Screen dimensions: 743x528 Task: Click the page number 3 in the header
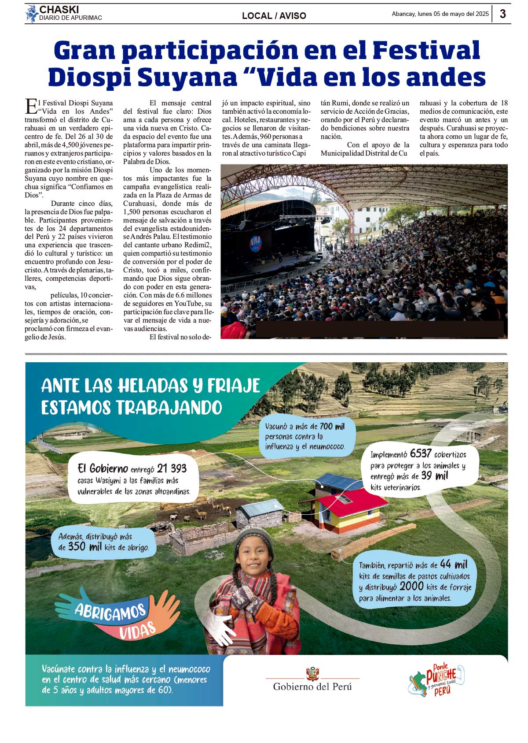click(502, 14)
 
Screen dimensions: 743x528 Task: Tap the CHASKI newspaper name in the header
click(59, 10)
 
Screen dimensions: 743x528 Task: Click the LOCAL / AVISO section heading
click(274, 16)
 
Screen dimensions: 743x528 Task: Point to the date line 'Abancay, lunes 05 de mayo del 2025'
click(440, 14)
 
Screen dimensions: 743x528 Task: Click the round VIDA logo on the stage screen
click(256, 243)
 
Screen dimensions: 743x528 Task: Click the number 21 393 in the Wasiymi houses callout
click(172, 468)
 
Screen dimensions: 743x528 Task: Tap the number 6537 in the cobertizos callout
click(420, 453)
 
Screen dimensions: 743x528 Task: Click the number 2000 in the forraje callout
click(412, 587)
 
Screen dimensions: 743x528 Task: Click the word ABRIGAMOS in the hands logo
click(110, 612)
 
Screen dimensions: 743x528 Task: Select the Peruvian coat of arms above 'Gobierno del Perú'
click(312, 673)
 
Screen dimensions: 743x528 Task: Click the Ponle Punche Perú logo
click(437, 680)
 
